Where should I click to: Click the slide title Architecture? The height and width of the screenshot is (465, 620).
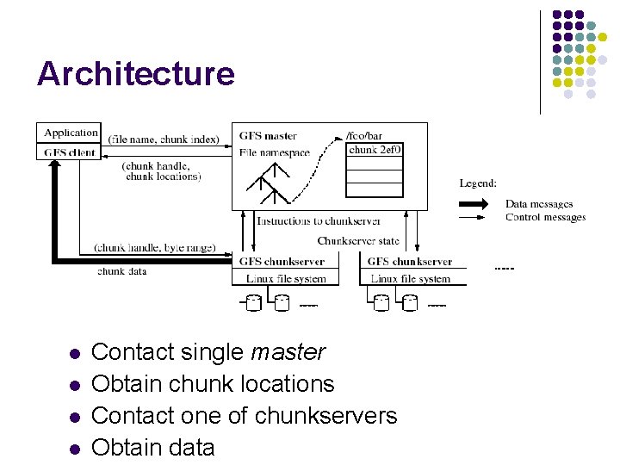[x=135, y=74]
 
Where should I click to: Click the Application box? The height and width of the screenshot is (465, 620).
[x=71, y=133]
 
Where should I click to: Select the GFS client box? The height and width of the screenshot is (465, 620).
[x=71, y=152]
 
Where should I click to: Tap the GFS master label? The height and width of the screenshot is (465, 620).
[x=268, y=136]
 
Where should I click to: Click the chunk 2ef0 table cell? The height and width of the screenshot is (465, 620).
[x=375, y=150]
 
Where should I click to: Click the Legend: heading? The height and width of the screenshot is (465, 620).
[x=478, y=183]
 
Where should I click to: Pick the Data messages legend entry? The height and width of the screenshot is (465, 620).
[x=539, y=204]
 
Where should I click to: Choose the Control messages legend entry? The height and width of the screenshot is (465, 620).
[x=545, y=217]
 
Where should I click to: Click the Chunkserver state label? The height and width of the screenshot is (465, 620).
[x=358, y=241]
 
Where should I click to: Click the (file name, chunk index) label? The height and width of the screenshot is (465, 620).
[x=164, y=139]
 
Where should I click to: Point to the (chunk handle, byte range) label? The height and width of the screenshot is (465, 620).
[x=155, y=248]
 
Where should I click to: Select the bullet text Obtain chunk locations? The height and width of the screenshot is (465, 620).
[x=212, y=384]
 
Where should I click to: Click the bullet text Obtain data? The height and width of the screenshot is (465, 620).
[x=152, y=447]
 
